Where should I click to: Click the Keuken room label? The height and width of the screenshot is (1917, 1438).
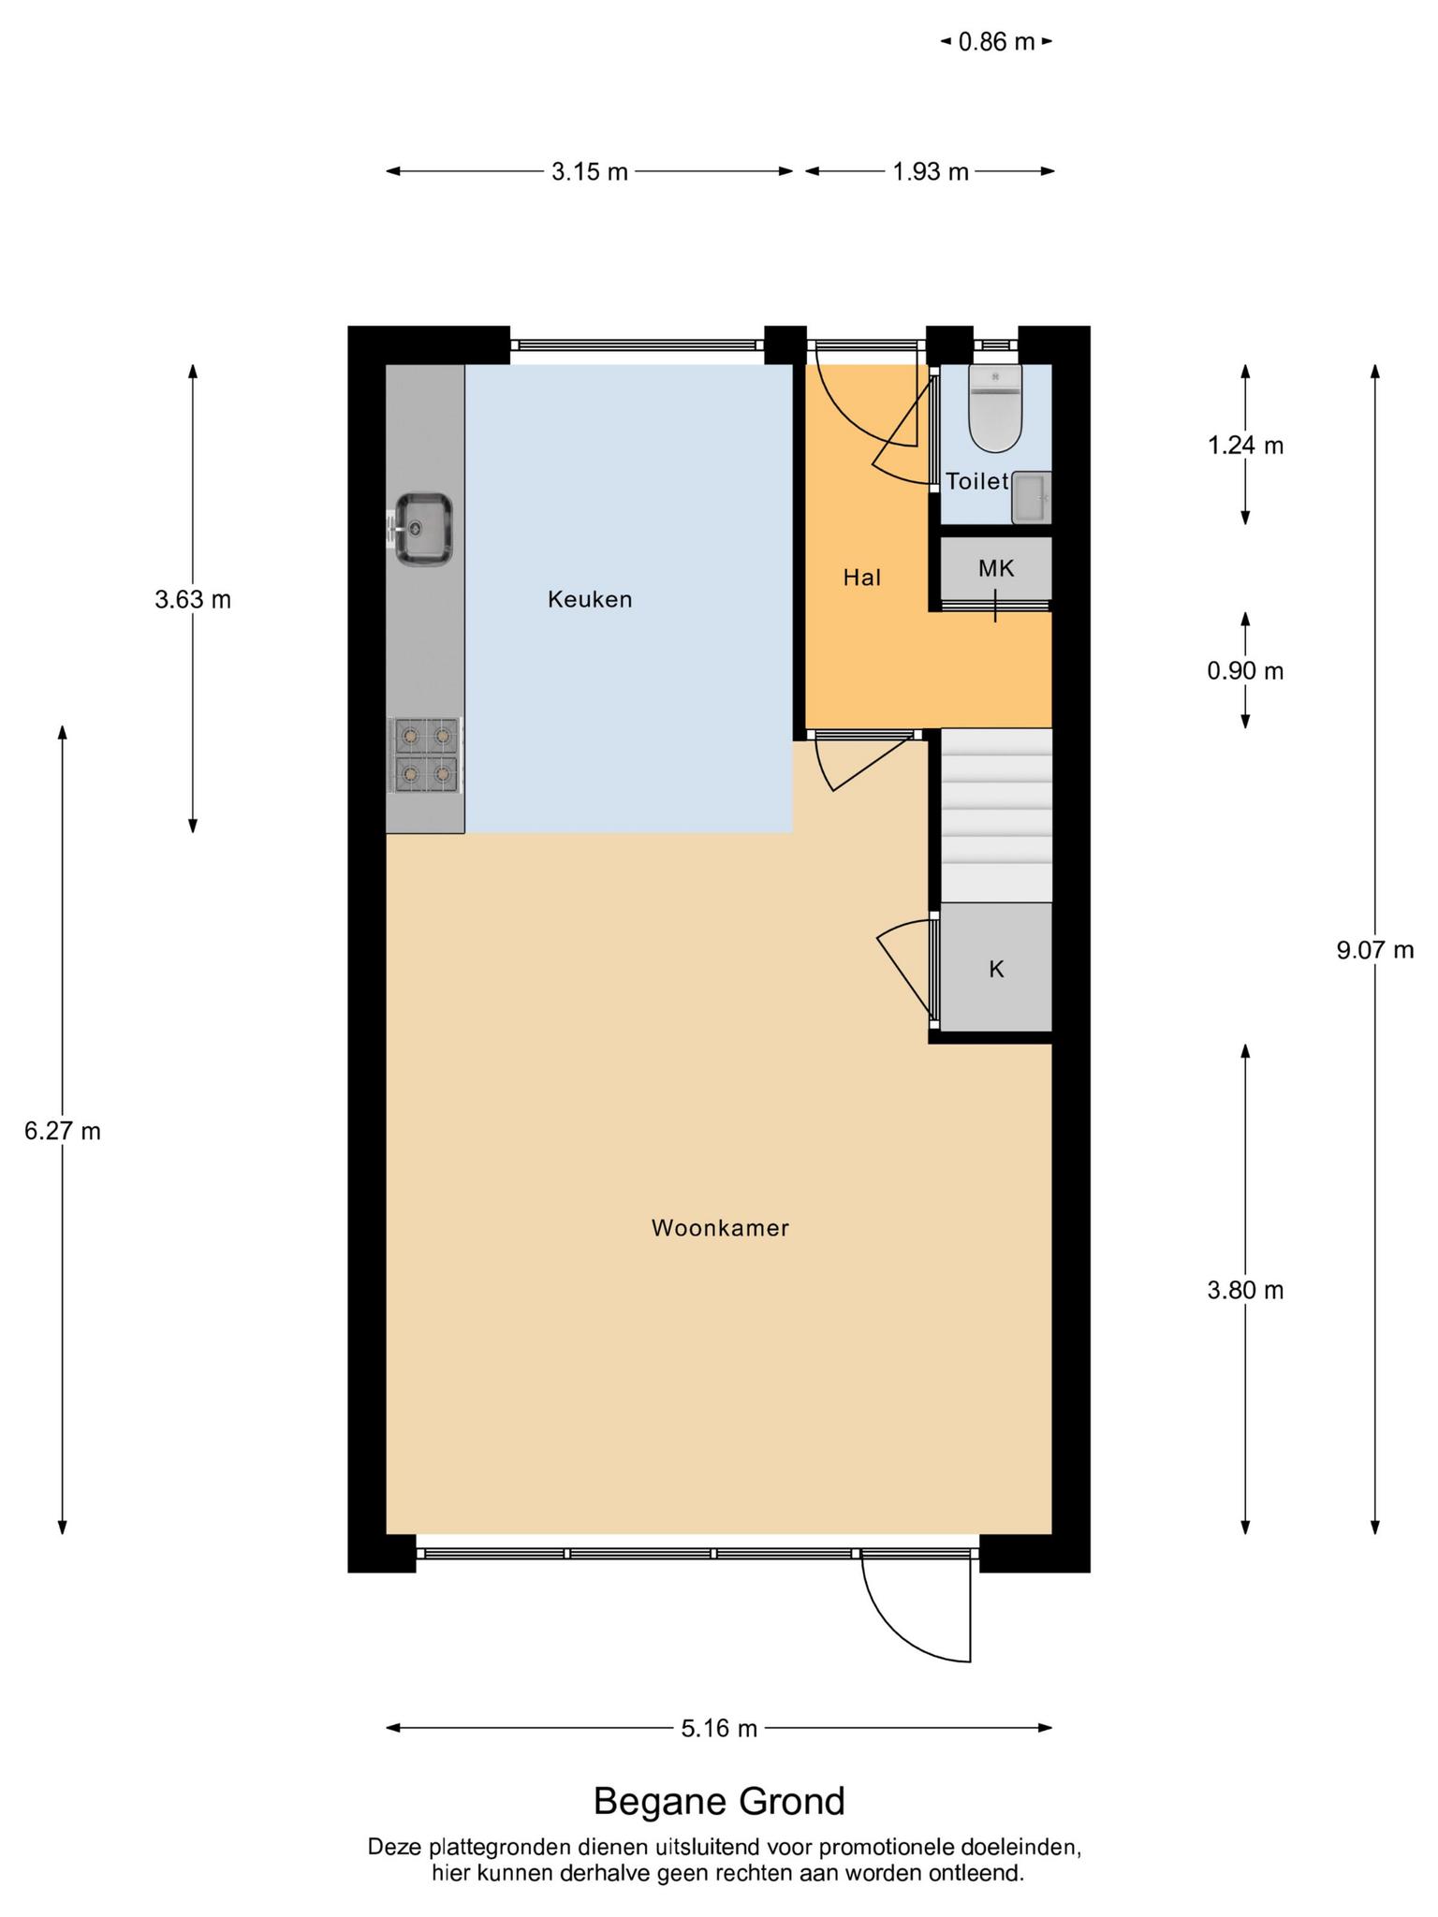(x=590, y=599)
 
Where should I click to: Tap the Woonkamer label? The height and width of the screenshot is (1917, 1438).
(x=721, y=1228)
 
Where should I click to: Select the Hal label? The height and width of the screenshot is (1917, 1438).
(x=862, y=578)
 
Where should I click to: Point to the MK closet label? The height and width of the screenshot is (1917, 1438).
(x=996, y=568)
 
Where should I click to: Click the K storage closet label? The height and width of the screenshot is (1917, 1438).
(x=996, y=969)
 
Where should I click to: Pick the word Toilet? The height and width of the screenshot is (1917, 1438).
(x=977, y=481)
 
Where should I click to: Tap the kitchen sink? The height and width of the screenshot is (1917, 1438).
(x=421, y=529)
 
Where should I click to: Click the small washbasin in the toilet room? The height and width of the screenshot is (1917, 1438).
(x=1032, y=497)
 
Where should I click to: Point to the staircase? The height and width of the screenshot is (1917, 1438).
(x=996, y=815)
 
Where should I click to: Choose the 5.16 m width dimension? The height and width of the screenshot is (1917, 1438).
(x=719, y=1728)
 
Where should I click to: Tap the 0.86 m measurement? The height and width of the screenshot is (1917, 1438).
(x=997, y=41)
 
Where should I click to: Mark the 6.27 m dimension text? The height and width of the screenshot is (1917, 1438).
(x=63, y=1131)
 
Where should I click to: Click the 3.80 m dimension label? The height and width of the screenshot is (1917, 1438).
(x=1245, y=1290)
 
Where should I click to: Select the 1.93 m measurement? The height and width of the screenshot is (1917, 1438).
(x=931, y=171)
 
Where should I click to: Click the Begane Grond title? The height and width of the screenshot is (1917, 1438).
(x=719, y=1801)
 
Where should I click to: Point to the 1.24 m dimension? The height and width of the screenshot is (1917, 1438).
(x=1245, y=446)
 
